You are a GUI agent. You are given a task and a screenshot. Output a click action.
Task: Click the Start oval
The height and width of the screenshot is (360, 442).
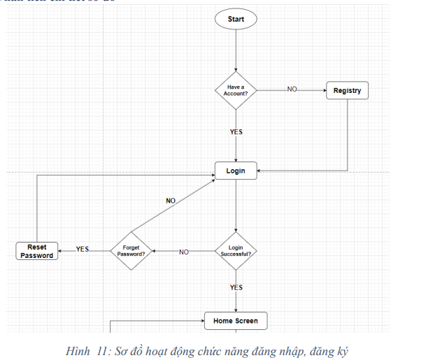click(x=236, y=20)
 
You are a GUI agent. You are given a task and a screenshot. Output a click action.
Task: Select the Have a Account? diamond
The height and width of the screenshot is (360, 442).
click(x=236, y=90)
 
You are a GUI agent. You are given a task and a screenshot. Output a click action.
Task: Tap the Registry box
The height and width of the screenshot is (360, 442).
click(x=347, y=91)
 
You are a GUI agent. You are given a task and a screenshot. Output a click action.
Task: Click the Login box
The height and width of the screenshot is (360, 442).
click(x=236, y=171)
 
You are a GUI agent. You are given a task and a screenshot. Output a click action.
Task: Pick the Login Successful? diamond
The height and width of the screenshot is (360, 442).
click(x=236, y=251)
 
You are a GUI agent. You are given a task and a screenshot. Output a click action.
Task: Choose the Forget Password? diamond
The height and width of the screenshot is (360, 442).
click(x=131, y=250)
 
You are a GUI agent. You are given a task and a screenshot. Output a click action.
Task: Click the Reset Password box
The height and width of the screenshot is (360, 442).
click(x=36, y=251)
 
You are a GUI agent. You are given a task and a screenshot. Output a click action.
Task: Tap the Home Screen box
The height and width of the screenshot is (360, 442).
click(x=236, y=322)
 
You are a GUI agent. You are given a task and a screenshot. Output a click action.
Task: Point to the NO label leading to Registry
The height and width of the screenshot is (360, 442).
click(x=292, y=89)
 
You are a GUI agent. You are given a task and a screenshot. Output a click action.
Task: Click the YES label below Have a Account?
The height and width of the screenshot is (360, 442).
click(x=236, y=131)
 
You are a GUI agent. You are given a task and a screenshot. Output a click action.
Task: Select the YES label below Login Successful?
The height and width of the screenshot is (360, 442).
click(x=236, y=287)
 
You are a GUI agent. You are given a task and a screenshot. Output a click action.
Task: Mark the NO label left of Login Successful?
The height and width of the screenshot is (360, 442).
click(x=184, y=252)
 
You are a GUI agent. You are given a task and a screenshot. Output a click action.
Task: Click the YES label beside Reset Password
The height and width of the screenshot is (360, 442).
click(x=83, y=249)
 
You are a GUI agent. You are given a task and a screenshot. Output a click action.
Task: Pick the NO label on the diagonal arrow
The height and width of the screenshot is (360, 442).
click(x=171, y=201)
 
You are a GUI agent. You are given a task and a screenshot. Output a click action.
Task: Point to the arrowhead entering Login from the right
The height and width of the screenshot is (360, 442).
click(x=260, y=171)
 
